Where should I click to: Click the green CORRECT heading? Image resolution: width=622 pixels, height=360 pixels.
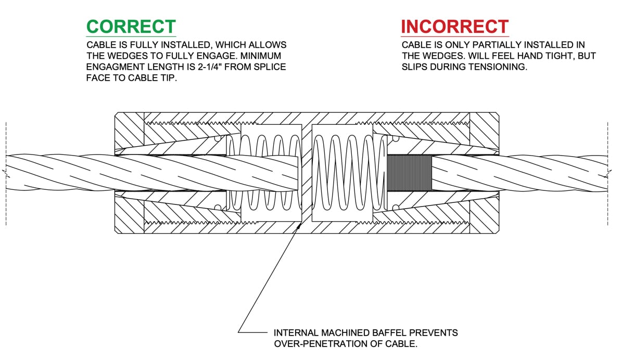pos(131,26)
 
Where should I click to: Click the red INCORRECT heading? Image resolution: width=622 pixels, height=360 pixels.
pos(454,27)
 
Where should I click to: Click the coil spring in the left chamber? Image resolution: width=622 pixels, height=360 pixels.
pos(265,172)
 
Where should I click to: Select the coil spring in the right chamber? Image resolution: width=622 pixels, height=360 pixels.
pos(341,172)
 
